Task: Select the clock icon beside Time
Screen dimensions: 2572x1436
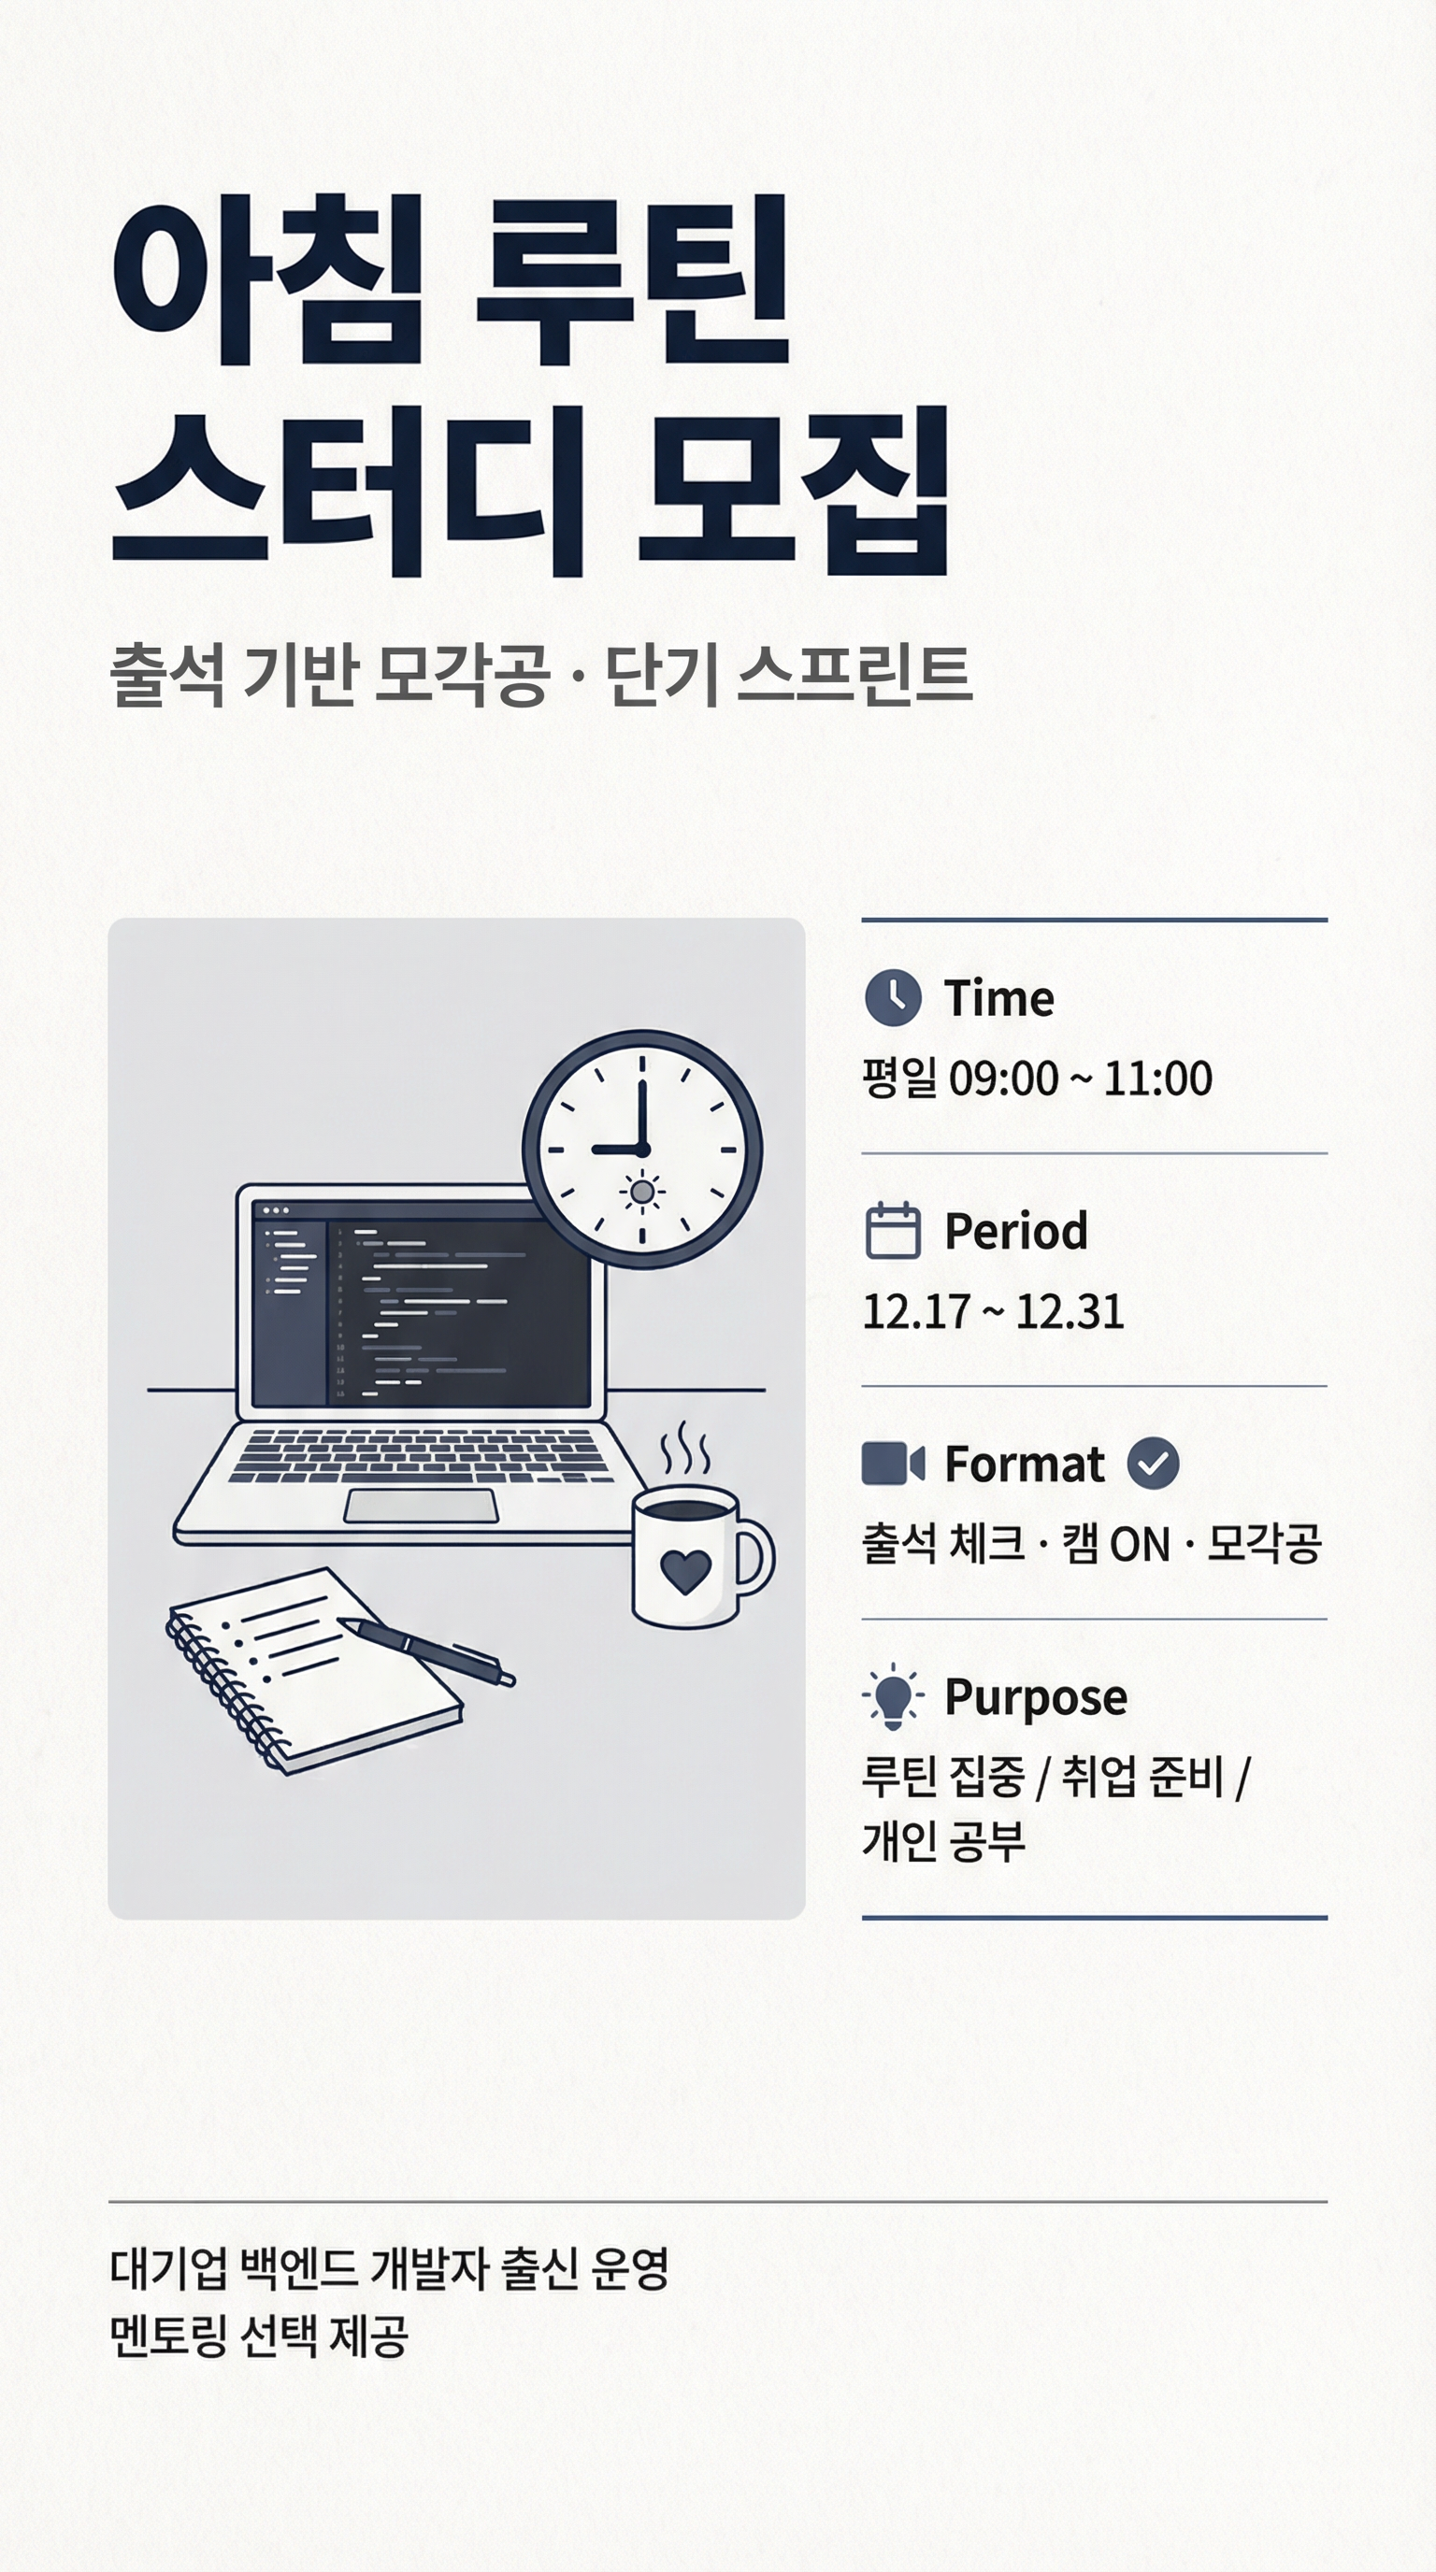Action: pyautogui.click(x=892, y=997)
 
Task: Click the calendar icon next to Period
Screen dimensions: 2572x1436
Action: pyautogui.click(x=892, y=1230)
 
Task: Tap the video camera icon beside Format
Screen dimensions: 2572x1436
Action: pyautogui.click(x=892, y=1464)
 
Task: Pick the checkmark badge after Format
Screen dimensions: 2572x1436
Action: pyautogui.click(x=1153, y=1464)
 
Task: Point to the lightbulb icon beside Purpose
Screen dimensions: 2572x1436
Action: pyautogui.click(x=893, y=1696)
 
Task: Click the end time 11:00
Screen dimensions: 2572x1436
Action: pyautogui.click(x=1157, y=1079)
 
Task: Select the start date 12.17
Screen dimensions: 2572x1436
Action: pyautogui.click(x=915, y=1312)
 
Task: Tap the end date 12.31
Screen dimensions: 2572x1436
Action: pyautogui.click(x=1070, y=1312)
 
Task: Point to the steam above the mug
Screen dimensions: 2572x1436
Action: pyautogui.click(x=686, y=1450)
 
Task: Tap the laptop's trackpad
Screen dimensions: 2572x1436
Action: pyautogui.click(x=421, y=1506)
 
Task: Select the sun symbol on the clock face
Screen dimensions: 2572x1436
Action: pyautogui.click(x=642, y=1193)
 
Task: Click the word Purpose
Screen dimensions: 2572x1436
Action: pyautogui.click(x=1036, y=1697)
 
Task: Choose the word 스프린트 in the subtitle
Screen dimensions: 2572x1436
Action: pyautogui.click(x=854, y=677)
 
